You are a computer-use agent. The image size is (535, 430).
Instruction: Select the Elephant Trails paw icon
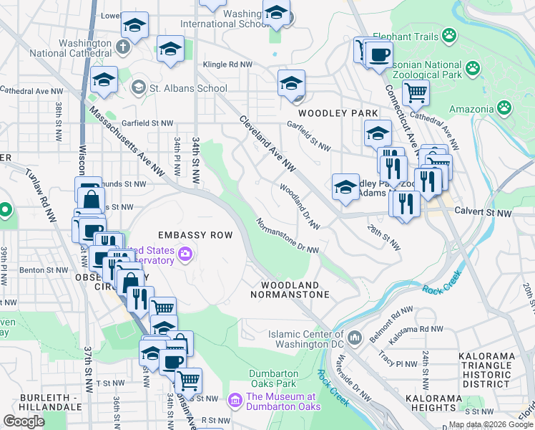click(448, 35)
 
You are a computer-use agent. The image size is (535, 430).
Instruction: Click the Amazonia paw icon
click(504, 108)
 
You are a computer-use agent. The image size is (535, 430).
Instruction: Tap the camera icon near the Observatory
click(185, 253)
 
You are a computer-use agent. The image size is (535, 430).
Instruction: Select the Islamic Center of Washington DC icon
click(355, 335)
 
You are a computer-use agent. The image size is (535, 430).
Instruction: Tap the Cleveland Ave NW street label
click(267, 143)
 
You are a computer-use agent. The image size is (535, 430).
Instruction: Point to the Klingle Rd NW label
click(228, 64)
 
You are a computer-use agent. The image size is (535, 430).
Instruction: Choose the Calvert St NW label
click(484, 213)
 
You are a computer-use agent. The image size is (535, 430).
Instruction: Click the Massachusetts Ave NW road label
click(134, 142)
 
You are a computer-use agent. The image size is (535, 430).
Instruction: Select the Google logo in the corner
click(24, 421)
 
